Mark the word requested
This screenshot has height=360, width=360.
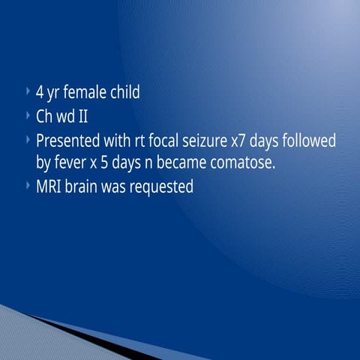(162, 186)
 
